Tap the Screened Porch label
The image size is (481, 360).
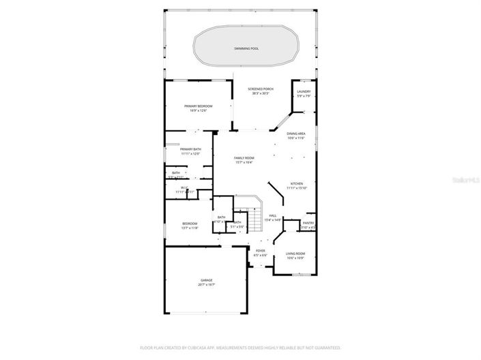coord(261,89)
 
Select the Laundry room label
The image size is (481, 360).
coord(304,91)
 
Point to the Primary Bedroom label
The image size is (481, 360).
coord(199,106)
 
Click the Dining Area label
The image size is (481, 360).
coord(295,134)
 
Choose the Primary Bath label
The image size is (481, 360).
coord(190,149)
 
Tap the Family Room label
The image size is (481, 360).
coord(244,157)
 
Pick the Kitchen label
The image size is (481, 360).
coord(298,183)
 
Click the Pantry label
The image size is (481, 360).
coord(308,223)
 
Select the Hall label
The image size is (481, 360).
coord(273,215)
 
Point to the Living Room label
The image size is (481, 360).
coord(295,253)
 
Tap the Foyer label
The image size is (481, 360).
coord(261,250)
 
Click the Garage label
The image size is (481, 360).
coord(206,280)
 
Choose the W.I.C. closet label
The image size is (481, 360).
coord(184,187)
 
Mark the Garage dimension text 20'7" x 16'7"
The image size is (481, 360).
coord(206,285)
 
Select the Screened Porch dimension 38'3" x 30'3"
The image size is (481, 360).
coord(261,93)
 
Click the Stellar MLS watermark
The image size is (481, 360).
coord(465,179)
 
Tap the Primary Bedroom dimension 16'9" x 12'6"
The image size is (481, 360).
coord(199,110)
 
